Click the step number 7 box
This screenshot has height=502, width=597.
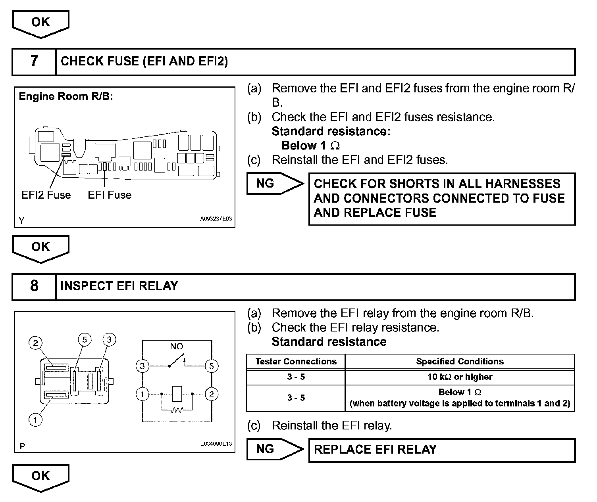tap(34, 61)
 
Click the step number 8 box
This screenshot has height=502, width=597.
tap(34, 286)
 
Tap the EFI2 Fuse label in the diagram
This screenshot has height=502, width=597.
tap(46, 195)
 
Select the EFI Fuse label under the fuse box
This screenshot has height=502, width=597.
tap(110, 195)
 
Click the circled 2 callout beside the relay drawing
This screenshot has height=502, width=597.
tap(35, 343)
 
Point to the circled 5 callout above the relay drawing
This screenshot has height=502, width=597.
tap(85, 339)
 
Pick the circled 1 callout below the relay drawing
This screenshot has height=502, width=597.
tap(35, 420)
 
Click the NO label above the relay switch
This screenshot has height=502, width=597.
tap(176, 346)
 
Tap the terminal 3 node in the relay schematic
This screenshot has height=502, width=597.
tap(142, 366)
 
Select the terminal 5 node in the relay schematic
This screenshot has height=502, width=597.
tap(211, 366)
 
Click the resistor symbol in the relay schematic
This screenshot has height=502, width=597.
tap(177, 410)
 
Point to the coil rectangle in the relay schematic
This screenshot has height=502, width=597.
tap(177, 394)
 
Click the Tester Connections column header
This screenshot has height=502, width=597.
tap(296, 362)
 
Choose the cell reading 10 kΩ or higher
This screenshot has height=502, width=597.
tap(460, 377)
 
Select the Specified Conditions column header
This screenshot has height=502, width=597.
tap(460, 362)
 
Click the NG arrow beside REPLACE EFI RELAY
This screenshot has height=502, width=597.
tap(274, 449)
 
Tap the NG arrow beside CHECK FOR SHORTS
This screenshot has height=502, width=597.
tap(274, 184)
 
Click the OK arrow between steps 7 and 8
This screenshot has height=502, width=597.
tap(40, 248)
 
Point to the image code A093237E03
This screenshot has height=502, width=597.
tap(216, 218)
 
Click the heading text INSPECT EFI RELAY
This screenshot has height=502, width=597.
tap(119, 286)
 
